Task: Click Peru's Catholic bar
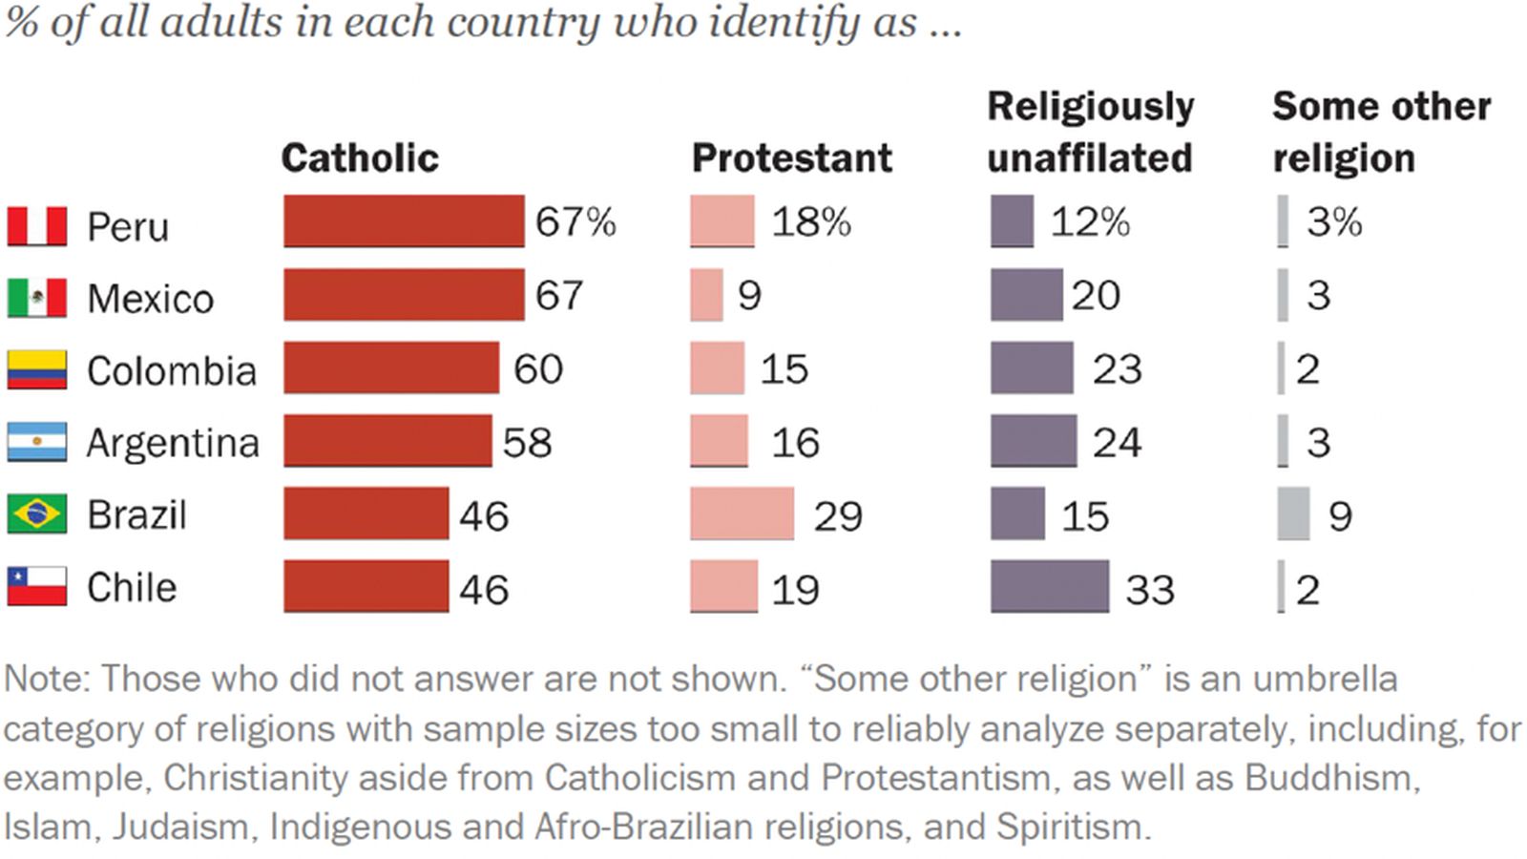pyautogui.click(x=404, y=221)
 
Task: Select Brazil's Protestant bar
pyautogui.click(x=742, y=514)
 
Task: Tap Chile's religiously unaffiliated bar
pyautogui.click(x=1050, y=587)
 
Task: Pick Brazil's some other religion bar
pyautogui.click(x=1293, y=514)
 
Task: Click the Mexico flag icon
pyautogui.click(x=37, y=298)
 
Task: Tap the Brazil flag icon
pyautogui.click(x=37, y=513)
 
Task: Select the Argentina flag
pyautogui.click(x=37, y=442)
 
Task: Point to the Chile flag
pyautogui.click(x=37, y=586)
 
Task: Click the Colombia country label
pyautogui.click(x=172, y=370)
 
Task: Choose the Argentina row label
pyautogui.click(x=173, y=443)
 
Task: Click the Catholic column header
pyautogui.click(x=360, y=158)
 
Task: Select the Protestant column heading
pyautogui.click(x=791, y=158)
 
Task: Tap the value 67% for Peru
pyautogui.click(x=575, y=222)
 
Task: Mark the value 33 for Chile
pyautogui.click(x=1150, y=590)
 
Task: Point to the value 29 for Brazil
pyautogui.click(x=838, y=516)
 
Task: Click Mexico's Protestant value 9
pyautogui.click(x=749, y=296)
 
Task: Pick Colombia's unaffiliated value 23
pyautogui.click(x=1117, y=369)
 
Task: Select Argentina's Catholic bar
pyautogui.click(x=387, y=441)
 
